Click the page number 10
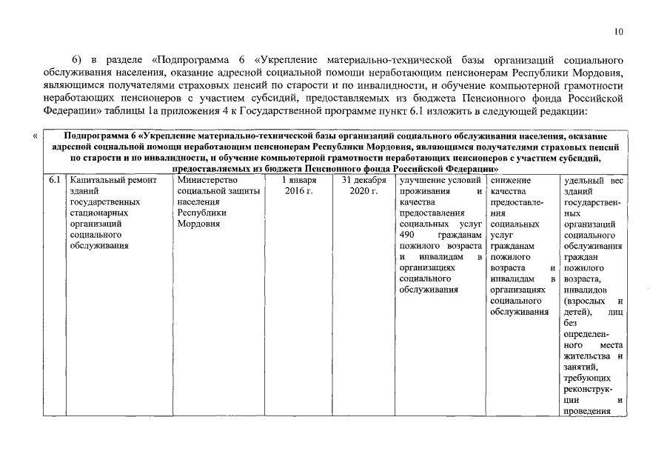click(x=619, y=31)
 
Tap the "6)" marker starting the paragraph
click(x=76, y=59)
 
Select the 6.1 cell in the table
click(x=53, y=181)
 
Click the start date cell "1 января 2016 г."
click(x=299, y=186)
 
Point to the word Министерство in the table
click(x=208, y=181)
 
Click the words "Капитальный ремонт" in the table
click(x=110, y=181)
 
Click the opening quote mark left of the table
click(x=36, y=136)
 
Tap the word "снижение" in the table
click(x=509, y=181)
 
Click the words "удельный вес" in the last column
click(x=593, y=181)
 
